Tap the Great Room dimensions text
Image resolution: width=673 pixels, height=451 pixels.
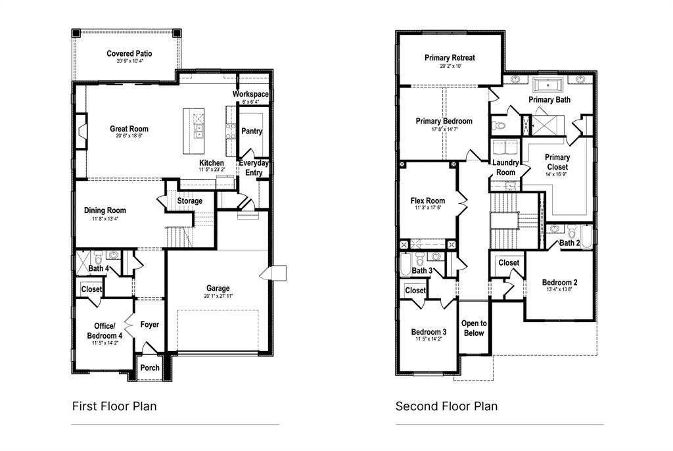129,136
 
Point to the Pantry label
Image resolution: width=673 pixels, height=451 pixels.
252,131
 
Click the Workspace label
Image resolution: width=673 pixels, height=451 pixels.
250,95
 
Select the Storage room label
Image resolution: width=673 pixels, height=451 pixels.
189,201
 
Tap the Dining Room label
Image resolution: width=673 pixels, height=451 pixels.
104,210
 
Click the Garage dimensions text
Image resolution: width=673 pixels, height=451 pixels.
218,297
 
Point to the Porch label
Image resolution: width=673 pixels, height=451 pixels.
150,368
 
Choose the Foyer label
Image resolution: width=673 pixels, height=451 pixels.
150,325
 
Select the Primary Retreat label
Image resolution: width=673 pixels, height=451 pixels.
450,58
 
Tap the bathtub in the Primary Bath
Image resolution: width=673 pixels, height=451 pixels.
544,85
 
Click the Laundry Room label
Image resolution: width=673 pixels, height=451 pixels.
505,168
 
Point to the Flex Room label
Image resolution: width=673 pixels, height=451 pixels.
428,201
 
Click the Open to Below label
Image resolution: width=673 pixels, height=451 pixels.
474,328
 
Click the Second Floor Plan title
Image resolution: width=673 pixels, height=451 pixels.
446,406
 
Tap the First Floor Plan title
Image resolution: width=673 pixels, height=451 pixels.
114,406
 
